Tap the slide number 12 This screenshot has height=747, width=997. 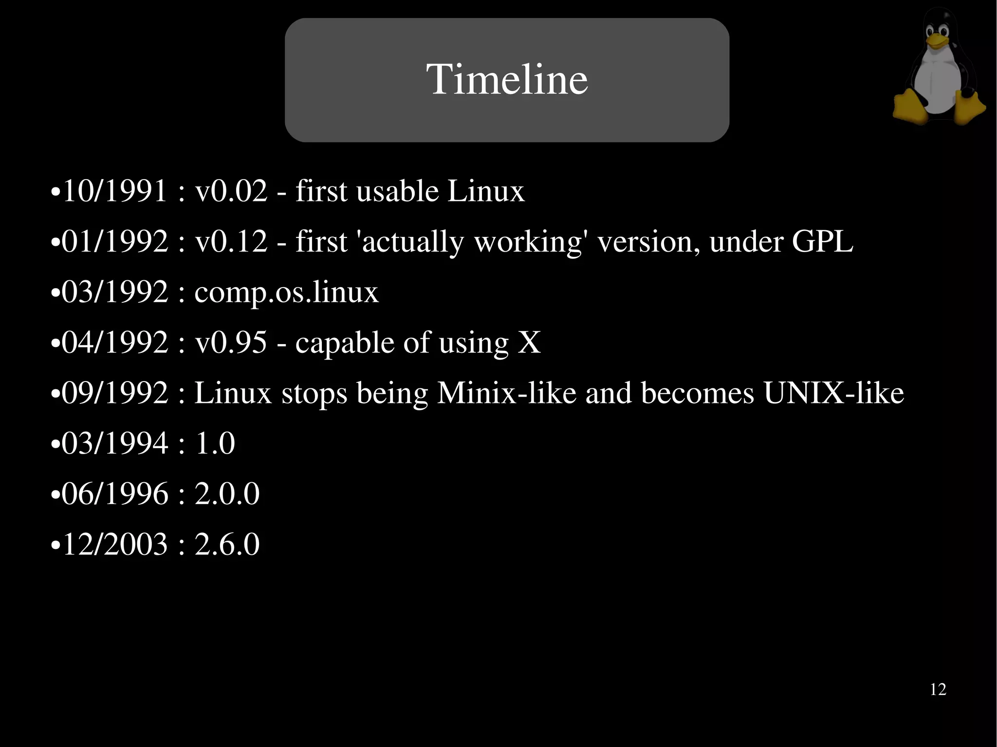[938, 690]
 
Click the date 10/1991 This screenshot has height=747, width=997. [115, 190]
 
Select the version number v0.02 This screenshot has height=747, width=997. [231, 190]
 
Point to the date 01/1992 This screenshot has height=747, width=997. [115, 241]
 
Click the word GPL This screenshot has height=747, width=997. [822, 241]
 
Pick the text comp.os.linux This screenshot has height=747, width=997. [286, 292]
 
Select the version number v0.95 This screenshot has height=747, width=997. [231, 342]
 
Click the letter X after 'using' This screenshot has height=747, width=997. [529, 342]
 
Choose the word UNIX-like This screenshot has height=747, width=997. [833, 393]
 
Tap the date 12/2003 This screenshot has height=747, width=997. [115, 544]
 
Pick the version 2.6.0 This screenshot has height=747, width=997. [227, 544]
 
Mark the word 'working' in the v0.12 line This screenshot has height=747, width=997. [528, 242]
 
